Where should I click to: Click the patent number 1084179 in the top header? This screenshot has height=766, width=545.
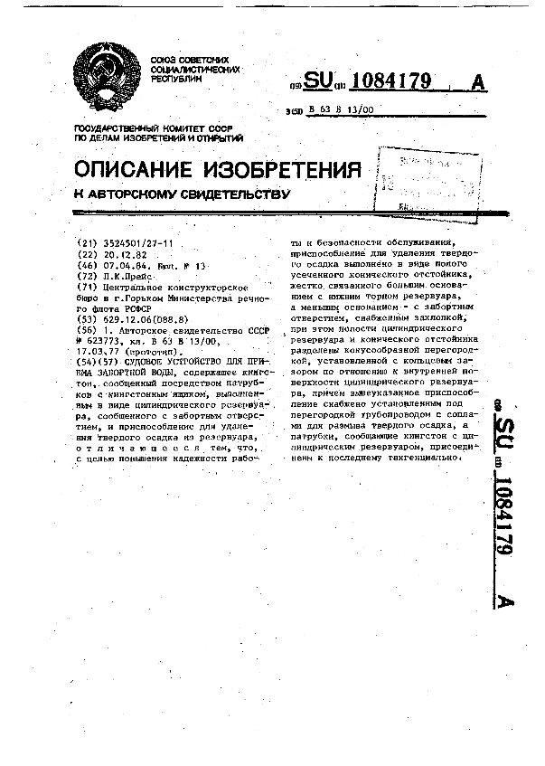pos(390,82)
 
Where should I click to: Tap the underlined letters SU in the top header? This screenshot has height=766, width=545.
pos(318,82)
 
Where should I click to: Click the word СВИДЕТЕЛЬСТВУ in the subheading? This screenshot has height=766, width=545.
pos(231,194)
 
